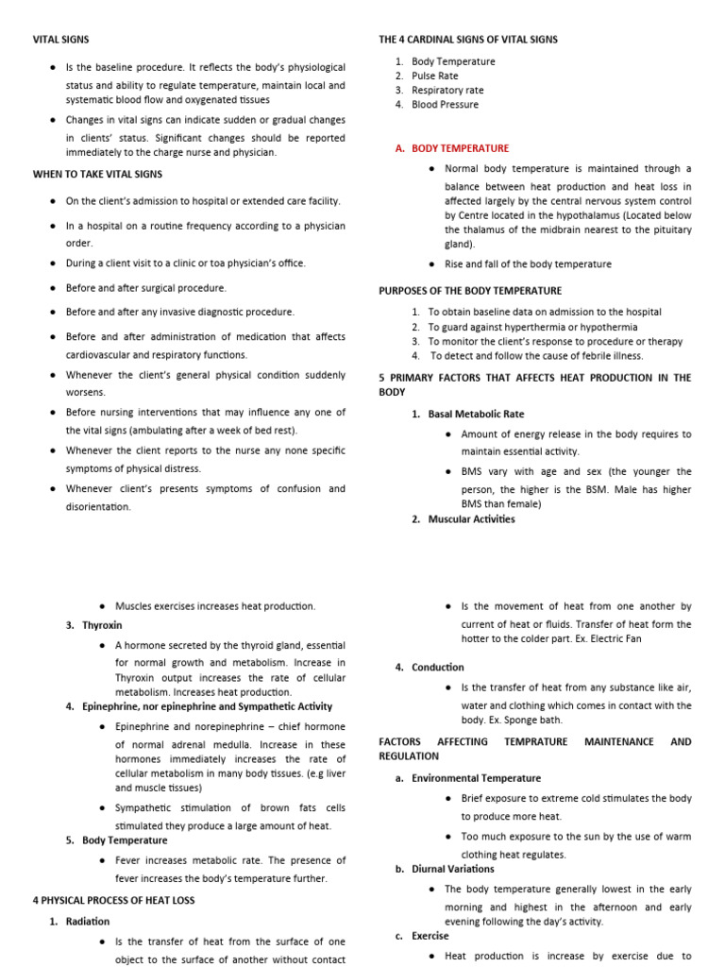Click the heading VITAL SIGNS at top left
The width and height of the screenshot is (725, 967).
[x=62, y=40]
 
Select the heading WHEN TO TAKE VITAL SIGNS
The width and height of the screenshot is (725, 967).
[x=97, y=174]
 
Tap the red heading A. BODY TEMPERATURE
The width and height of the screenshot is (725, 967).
[x=452, y=148]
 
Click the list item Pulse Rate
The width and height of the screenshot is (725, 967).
[x=435, y=76]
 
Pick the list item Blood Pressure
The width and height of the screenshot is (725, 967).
[x=445, y=105]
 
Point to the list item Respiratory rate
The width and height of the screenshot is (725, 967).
[x=447, y=91]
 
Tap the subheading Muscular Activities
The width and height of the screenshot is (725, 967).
[x=471, y=518]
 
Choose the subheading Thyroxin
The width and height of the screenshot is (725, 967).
[x=102, y=625]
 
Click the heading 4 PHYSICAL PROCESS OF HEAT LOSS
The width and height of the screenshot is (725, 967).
[x=113, y=900]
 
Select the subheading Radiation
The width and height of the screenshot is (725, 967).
[x=88, y=921]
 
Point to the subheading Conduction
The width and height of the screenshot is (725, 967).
[x=439, y=667]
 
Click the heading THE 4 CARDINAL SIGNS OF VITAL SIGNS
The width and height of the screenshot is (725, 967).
[x=468, y=40]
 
